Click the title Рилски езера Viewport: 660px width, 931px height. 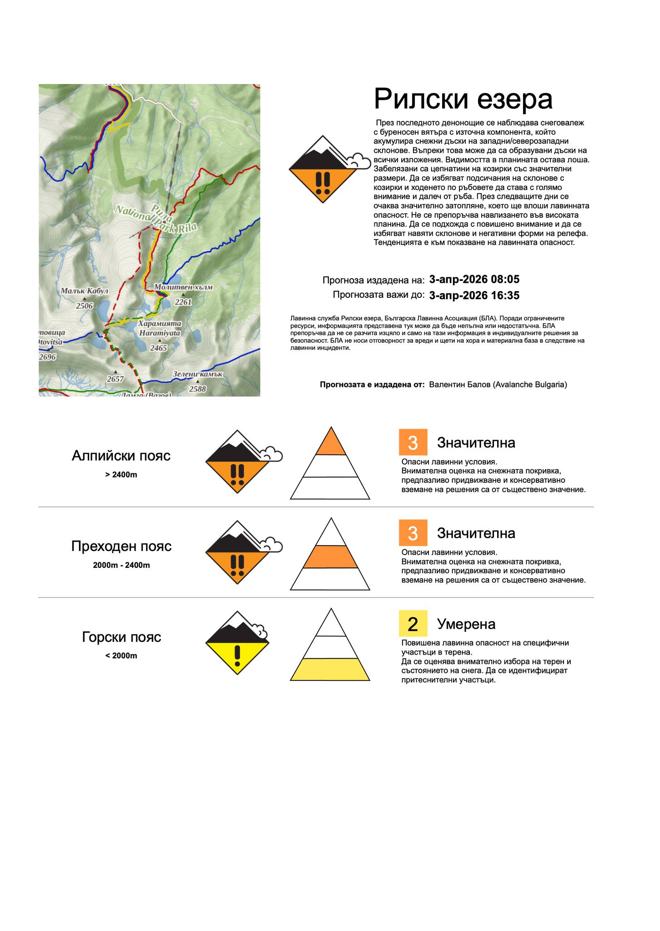pos(463,99)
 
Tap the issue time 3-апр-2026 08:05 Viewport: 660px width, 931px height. pos(474,279)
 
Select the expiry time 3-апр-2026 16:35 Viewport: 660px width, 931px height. pos(474,295)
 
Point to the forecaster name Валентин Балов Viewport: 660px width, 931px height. pos(498,385)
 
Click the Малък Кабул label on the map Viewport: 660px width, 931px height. pos(85,291)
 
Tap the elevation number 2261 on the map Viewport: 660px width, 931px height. pos(183,302)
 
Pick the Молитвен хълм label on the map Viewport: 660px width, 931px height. pos(183,287)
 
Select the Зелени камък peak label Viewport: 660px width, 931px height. pos(197,374)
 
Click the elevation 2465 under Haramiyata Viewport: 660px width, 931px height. pos(159,348)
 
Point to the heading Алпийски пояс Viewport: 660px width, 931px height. pos(121,455)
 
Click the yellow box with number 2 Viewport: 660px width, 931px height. pos(413,623)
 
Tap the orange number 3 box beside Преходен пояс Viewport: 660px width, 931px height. pos(413,533)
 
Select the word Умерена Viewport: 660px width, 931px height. pos(466,624)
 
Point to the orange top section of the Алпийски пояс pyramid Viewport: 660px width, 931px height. pos(331,444)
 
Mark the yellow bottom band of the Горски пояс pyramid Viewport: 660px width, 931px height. pos(330,669)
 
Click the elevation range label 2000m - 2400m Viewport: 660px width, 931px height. pos(121,566)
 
